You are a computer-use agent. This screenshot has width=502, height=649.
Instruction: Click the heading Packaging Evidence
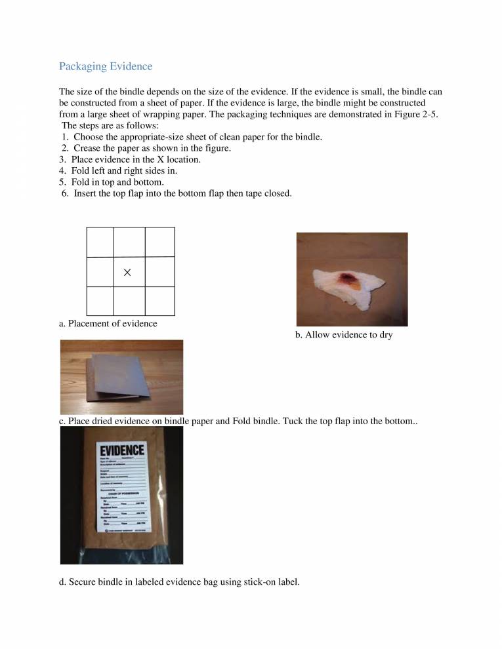[x=106, y=66]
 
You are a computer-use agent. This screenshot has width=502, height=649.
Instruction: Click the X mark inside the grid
[x=127, y=272]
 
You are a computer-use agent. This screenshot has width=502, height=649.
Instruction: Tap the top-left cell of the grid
[x=100, y=242]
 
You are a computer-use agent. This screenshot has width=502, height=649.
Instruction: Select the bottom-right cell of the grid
[x=159, y=301]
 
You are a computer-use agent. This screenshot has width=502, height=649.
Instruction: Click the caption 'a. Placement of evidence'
[x=108, y=323]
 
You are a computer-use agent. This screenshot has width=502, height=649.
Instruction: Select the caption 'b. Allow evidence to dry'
[x=343, y=335]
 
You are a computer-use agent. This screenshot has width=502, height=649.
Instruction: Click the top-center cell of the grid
[x=129, y=242]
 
